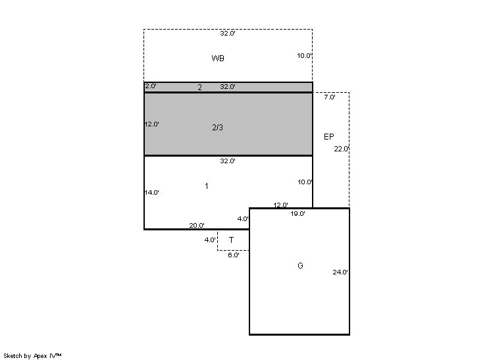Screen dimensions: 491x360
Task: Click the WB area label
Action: [218, 58]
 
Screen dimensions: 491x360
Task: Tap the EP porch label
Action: [329, 137]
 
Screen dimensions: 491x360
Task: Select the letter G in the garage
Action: [300, 266]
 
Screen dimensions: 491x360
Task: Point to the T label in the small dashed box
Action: [231, 240]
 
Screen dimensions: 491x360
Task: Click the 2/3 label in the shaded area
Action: [218, 128]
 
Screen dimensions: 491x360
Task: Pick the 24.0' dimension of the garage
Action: [340, 272]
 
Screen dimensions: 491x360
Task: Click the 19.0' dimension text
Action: [297, 214]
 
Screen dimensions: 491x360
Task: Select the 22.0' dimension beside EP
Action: [342, 149]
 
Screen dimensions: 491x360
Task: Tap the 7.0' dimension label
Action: [330, 97]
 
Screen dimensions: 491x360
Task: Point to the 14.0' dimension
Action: [151, 193]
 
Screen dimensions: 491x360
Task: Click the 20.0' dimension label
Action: [197, 225]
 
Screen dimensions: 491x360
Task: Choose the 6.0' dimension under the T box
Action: [234, 255]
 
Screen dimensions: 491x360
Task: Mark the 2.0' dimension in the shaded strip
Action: [151, 86]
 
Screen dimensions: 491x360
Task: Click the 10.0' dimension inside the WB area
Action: [304, 56]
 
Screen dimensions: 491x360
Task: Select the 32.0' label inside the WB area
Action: [228, 33]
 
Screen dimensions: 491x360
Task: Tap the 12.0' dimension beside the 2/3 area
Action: [151, 124]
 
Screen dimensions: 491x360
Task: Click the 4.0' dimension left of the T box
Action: [210, 240]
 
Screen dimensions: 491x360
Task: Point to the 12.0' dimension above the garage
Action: [280, 205]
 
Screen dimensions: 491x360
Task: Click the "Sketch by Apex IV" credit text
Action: [32, 356]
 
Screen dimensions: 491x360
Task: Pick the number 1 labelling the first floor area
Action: [207, 186]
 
